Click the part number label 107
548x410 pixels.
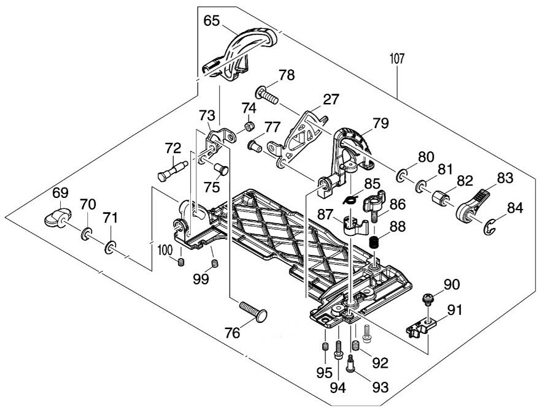coord(397,60)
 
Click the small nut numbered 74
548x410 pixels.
coord(250,127)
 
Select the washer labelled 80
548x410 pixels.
coord(401,177)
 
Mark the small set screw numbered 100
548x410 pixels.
coord(181,262)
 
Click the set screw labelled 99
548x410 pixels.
coord(215,264)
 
